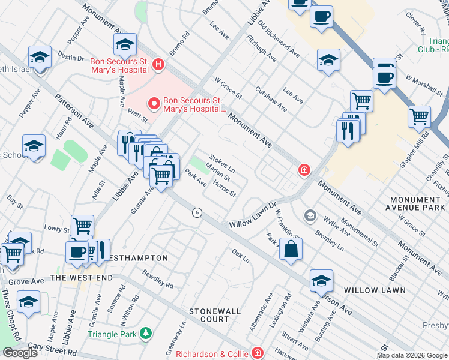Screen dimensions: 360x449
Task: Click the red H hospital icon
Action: [x=158, y=64]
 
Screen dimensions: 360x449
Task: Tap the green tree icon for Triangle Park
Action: [x=145, y=334]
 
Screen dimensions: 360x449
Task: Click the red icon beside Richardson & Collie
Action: [x=258, y=352]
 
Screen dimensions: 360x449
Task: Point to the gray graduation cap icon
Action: [x=310, y=215]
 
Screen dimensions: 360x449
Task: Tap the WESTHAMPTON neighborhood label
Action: [x=139, y=258]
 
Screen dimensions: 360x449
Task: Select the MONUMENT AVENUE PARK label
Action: [x=415, y=203]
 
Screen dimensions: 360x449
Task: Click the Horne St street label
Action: [x=224, y=190]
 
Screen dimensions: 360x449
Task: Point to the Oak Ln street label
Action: [x=241, y=256]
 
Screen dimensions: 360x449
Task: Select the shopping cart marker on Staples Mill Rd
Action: [x=419, y=116]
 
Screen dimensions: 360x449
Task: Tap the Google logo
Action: [x=20, y=353]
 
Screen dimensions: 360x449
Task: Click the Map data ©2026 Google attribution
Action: [x=412, y=355]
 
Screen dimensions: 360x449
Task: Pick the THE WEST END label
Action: [x=80, y=278]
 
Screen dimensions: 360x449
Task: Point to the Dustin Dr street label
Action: [x=71, y=58]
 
